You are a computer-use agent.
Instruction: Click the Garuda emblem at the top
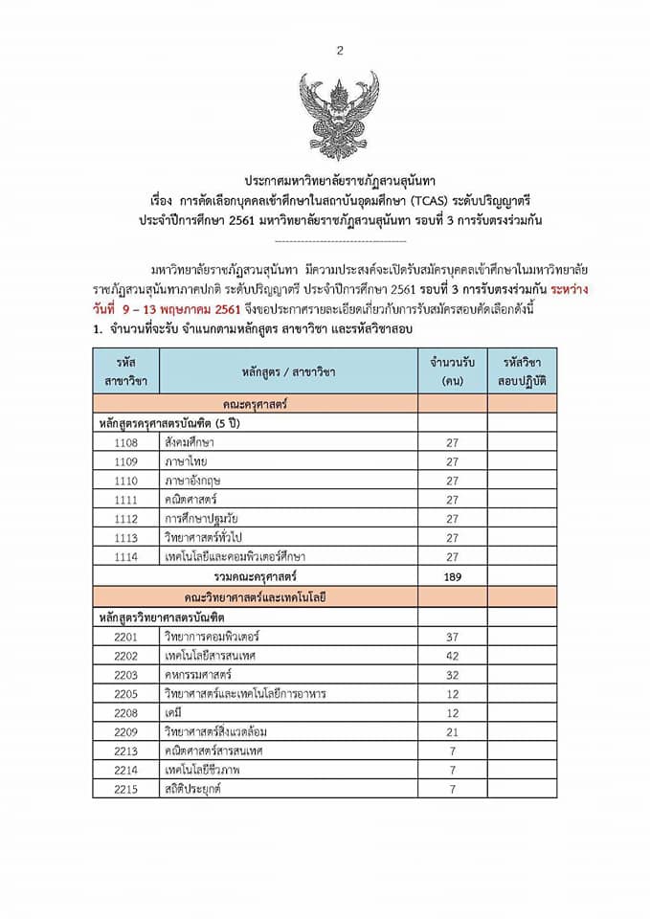[x=339, y=113]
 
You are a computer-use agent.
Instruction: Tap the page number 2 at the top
[x=339, y=51]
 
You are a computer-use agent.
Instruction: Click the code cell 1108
[x=125, y=442]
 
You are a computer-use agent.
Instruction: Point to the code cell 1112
[x=125, y=518]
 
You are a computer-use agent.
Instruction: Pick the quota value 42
[x=453, y=655]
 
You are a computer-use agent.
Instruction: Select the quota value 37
[x=453, y=636]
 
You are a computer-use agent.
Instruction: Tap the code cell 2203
[x=125, y=674]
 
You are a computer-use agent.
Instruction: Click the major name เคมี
[x=173, y=713]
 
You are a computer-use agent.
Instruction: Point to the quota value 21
[x=453, y=732]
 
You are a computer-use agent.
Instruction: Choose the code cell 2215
[x=125, y=790]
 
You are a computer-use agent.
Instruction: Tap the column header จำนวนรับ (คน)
[x=453, y=370]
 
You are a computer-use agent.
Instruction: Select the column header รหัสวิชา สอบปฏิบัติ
[x=522, y=370]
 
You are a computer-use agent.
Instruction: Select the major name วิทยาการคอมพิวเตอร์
[x=212, y=636]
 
